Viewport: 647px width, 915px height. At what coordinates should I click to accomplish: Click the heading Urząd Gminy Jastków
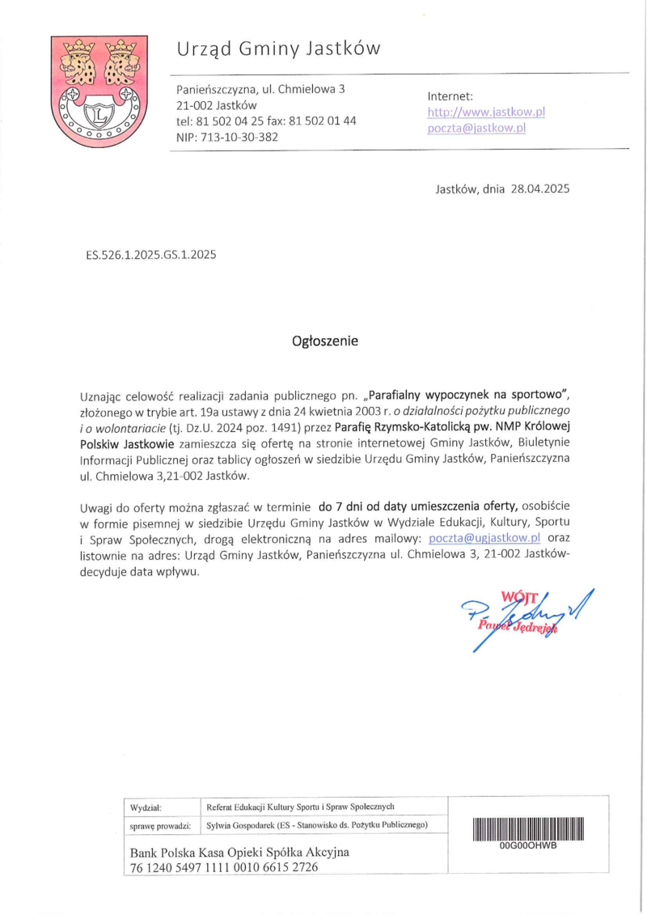pyautogui.click(x=278, y=50)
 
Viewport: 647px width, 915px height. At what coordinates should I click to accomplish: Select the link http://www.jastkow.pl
pyautogui.click(x=486, y=112)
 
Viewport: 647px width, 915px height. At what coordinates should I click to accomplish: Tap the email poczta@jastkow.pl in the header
pyautogui.click(x=476, y=128)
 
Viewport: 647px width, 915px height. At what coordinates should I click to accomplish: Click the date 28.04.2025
pyautogui.click(x=540, y=189)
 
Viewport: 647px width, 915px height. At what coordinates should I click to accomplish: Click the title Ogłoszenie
pyautogui.click(x=324, y=341)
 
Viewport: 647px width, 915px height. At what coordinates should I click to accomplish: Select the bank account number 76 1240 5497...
pyautogui.click(x=224, y=866)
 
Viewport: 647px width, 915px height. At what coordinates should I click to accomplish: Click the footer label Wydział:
pyautogui.click(x=146, y=807)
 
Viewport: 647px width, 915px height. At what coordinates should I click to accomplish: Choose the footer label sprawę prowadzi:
pyautogui.click(x=160, y=825)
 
